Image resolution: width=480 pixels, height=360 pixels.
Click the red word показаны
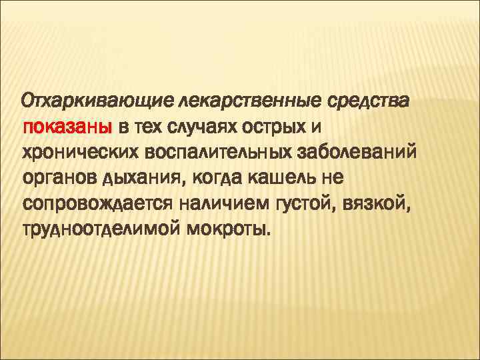click(69, 127)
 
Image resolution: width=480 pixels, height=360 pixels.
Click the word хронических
click(83, 151)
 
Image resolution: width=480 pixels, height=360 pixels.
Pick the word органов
click(58, 177)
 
